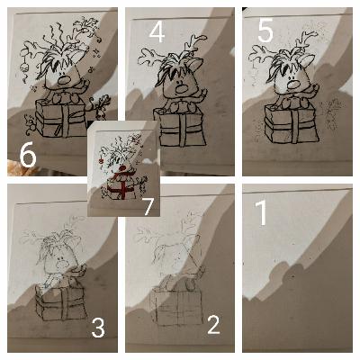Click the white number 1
point(262,212)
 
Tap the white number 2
point(213,325)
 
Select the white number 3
point(98,328)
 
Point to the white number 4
point(157,32)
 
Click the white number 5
point(265,31)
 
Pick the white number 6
point(28,157)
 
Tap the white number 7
point(148,206)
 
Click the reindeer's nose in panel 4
point(182,88)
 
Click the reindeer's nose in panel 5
point(292,85)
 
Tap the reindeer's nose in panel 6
point(63,80)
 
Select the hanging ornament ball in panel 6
point(23,67)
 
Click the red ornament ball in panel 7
point(101,161)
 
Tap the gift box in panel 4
point(180,127)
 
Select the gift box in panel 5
point(292,123)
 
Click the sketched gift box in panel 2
point(176,306)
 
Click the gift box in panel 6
point(62,119)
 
